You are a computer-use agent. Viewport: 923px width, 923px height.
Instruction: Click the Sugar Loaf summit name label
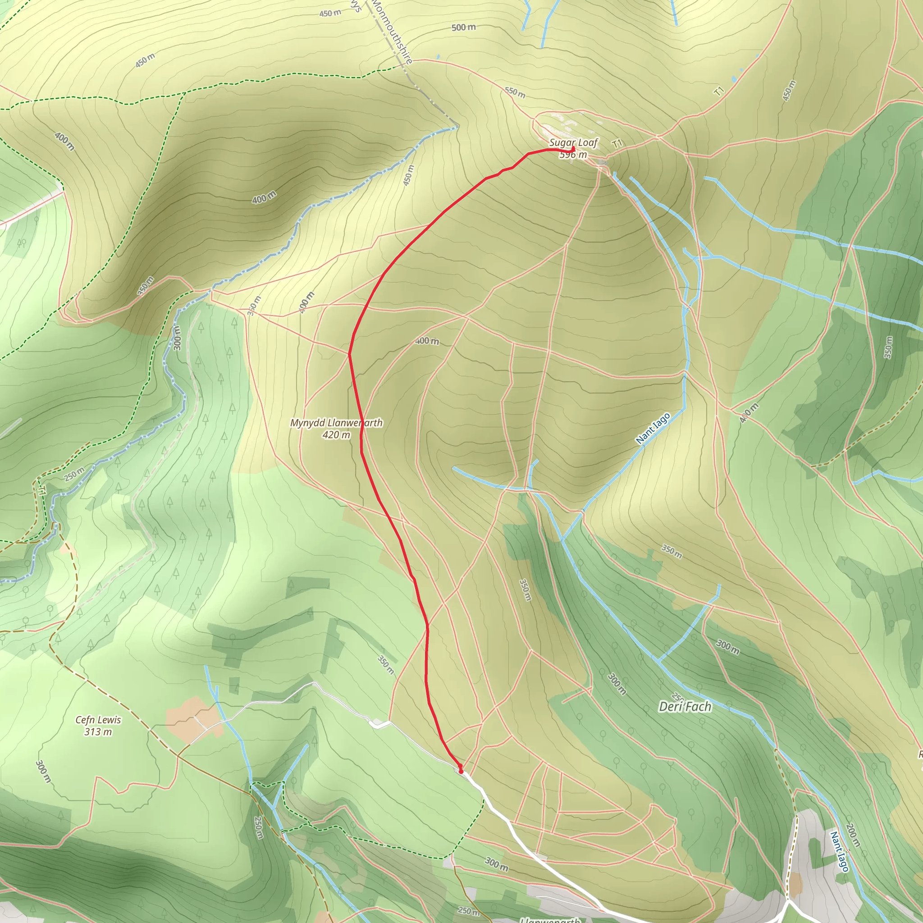click(x=573, y=142)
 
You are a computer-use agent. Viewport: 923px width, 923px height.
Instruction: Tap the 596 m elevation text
click(x=573, y=154)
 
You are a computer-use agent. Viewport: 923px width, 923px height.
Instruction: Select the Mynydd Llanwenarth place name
click(x=336, y=423)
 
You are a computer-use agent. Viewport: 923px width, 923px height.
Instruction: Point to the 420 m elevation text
click(x=336, y=435)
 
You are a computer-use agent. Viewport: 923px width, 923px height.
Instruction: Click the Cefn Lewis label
click(x=98, y=720)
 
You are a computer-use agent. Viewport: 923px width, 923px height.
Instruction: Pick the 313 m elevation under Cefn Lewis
click(x=98, y=732)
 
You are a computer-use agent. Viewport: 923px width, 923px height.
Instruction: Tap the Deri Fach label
click(x=685, y=707)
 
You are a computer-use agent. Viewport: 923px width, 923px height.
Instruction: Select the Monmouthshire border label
click(x=392, y=32)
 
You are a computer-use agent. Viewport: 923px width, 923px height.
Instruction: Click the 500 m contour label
click(x=463, y=27)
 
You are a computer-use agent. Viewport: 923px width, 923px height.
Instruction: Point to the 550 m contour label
click(x=515, y=92)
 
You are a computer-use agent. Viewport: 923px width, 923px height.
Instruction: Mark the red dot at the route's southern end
click(x=461, y=771)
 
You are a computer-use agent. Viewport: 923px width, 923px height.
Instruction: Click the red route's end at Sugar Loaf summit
click(x=573, y=149)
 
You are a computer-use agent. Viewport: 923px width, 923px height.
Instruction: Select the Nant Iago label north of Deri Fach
click(x=653, y=428)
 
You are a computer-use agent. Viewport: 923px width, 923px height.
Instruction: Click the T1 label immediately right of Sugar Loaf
click(x=617, y=143)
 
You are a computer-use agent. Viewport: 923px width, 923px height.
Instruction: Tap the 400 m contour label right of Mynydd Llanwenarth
click(x=427, y=341)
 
